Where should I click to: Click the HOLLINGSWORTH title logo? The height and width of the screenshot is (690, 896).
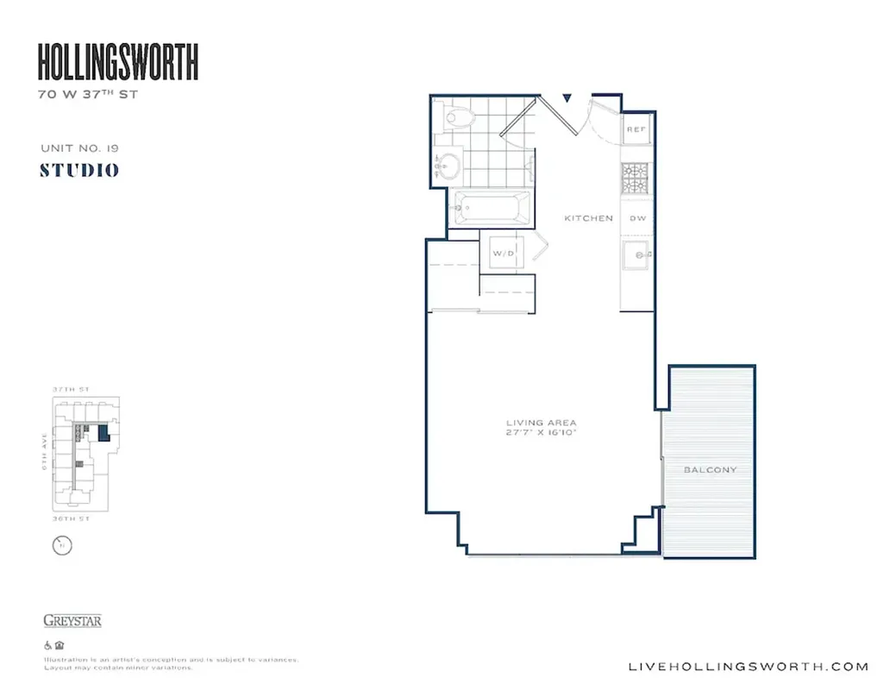click(x=118, y=63)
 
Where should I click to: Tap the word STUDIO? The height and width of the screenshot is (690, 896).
click(x=79, y=170)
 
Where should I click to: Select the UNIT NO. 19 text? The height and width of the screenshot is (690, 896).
click(x=79, y=148)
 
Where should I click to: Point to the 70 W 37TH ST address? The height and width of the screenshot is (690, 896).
click(x=88, y=95)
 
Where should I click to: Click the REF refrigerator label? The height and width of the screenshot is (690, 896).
click(x=636, y=129)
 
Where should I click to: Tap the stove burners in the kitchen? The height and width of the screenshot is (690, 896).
click(x=636, y=178)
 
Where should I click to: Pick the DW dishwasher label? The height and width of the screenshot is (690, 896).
click(x=637, y=218)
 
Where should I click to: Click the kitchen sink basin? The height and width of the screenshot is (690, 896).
click(x=636, y=256)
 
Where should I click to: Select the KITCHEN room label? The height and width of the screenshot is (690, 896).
click(x=588, y=218)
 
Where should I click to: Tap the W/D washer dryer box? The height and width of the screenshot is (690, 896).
click(x=503, y=254)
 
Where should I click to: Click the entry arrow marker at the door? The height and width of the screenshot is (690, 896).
click(x=567, y=98)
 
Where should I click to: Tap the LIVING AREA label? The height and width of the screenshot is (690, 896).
click(x=542, y=423)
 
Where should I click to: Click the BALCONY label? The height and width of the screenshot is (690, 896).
click(x=710, y=470)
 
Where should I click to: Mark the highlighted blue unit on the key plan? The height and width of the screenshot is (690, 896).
click(x=103, y=432)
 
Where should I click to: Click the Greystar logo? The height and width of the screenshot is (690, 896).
click(x=72, y=620)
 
